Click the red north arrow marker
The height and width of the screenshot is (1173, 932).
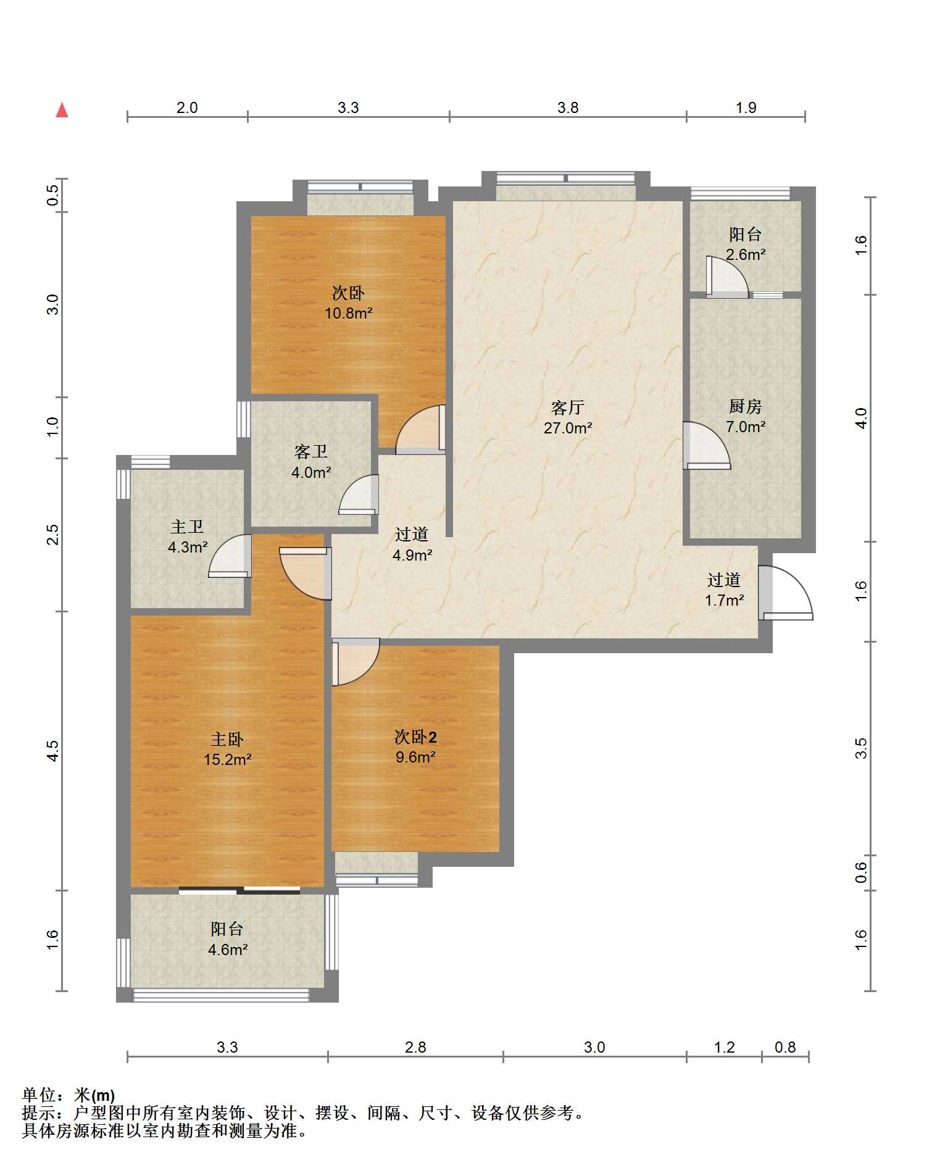(x=62, y=110)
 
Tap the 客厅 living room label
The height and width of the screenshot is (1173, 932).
(x=567, y=407)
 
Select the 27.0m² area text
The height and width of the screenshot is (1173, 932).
(x=568, y=428)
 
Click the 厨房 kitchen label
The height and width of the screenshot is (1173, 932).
(x=745, y=406)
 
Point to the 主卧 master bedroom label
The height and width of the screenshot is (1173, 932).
(x=227, y=739)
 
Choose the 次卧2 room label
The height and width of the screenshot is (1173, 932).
(x=415, y=737)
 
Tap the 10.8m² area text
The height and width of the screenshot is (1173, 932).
(x=349, y=313)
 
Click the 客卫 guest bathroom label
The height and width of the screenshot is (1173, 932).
(x=311, y=452)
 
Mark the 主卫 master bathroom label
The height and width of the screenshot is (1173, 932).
(x=187, y=527)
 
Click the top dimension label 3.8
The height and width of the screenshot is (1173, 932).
(x=568, y=108)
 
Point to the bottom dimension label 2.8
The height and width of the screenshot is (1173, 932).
(x=415, y=1047)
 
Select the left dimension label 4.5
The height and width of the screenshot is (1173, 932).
(x=52, y=751)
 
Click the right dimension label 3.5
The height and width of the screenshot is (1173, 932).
(x=861, y=749)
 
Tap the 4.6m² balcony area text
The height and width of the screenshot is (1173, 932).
(x=228, y=950)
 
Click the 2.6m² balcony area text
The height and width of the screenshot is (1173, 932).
(x=746, y=254)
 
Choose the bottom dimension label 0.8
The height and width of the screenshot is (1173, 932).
(x=785, y=1047)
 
